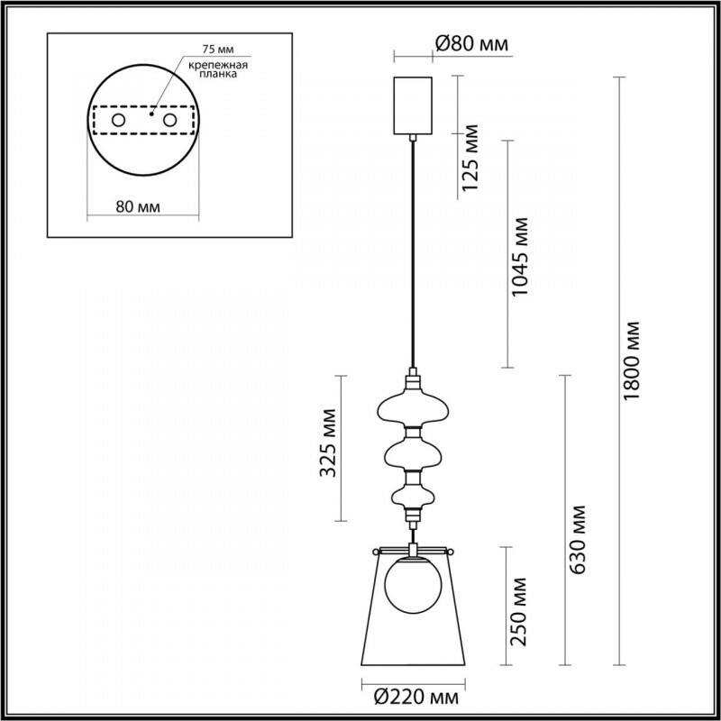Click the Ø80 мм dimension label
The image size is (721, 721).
coord(470,44)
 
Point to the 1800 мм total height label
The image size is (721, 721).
coord(634,360)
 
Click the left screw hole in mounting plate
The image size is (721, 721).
coord(117,120)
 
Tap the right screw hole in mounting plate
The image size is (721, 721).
coord(169,120)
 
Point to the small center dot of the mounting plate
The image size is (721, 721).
coord(151,114)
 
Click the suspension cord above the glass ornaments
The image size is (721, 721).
coord(414,252)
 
